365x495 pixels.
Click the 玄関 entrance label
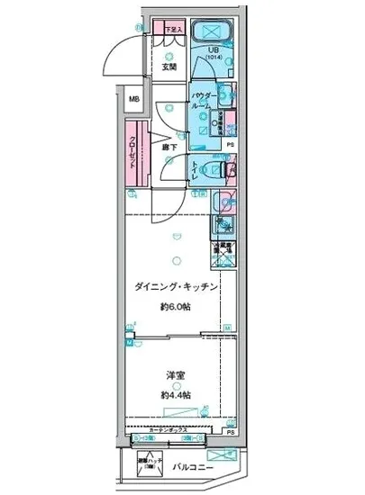169,67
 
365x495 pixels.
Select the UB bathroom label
214,51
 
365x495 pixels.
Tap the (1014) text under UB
214,59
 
